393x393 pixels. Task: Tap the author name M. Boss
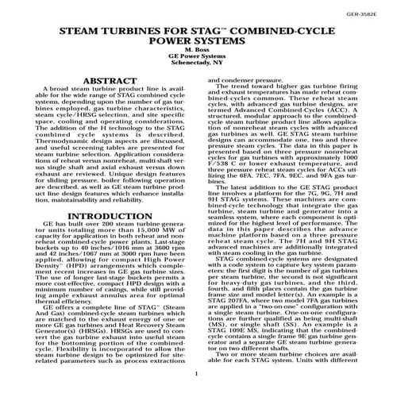(196, 58)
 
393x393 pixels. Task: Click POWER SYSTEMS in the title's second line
(196, 48)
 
